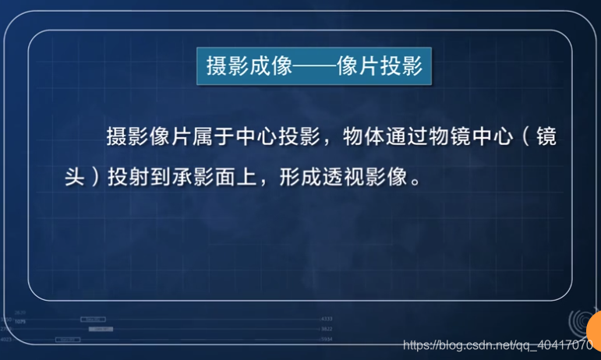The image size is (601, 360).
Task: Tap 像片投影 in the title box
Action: pyautogui.click(x=380, y=66)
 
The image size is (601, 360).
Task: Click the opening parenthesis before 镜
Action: pyautogui.click(x=526, y=136)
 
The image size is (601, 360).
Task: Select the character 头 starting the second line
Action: pyautogui.click(x=75, y=176)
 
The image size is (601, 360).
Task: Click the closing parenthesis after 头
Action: pyautogui.click(x=97, y=176)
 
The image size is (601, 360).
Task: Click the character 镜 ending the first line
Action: pyautogui.click(x=547, y=136)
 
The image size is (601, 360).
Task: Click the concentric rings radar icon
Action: pyautogui.click(x=578, y=322)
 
